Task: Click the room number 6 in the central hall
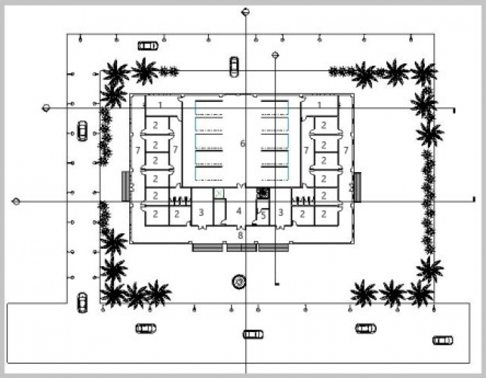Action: click(x=242, y=143)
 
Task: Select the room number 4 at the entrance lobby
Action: click(x=238, y=211)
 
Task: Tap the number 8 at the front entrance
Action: click(x=240, y=235)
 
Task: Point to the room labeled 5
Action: click(x=263, y=215)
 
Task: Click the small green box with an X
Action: click(x=218, y=193)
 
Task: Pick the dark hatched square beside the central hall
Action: click(x=263, y=193)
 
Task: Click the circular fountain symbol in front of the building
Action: click(x=238, y=281)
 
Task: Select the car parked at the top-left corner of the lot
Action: click(x=148, y=46)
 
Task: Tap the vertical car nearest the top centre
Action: click(x=234, y=65)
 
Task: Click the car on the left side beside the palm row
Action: click(x=83, y=130)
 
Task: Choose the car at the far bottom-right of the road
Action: click(x=442, y=340)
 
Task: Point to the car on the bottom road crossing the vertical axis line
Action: click(x=253, y=334)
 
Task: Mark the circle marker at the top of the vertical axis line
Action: click(x=246, y=11)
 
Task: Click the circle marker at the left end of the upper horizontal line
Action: click(x=47, y=108)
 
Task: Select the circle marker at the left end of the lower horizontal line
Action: click(x=17, y=201)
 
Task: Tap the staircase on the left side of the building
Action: click(x=125, y=185)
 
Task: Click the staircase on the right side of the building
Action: click(x=358, y=186)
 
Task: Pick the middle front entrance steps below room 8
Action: click(x=241, y=247)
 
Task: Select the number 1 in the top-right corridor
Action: click(x=320, y=105)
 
